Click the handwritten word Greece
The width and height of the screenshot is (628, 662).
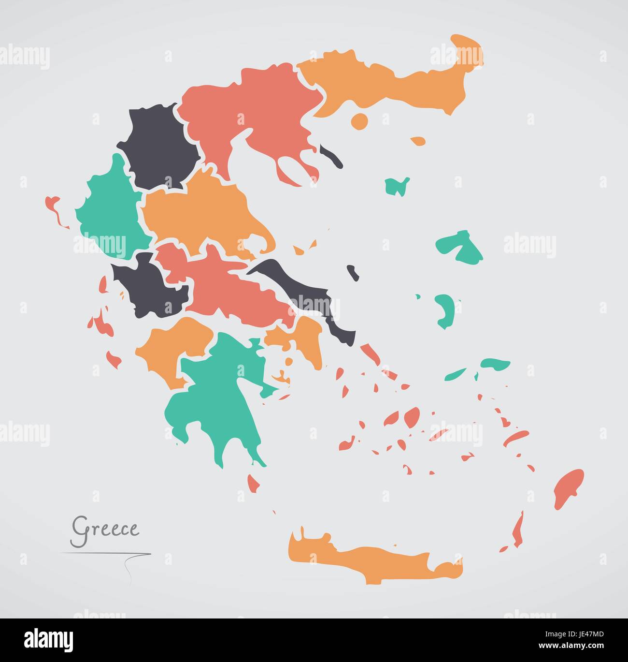point(105,528)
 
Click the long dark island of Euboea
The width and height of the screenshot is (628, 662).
point(309,295)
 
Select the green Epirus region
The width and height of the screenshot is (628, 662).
point(109,213)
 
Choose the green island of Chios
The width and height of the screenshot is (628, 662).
point(444,309)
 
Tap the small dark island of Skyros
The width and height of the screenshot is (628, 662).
point(354,272)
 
